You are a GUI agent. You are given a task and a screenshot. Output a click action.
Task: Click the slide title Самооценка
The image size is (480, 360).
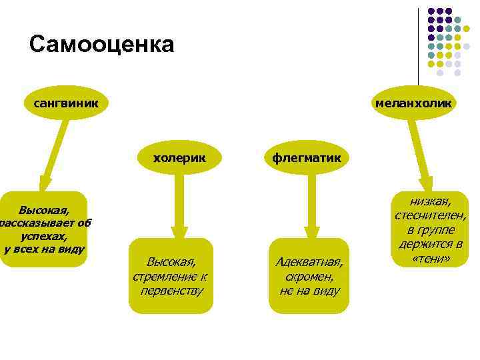101,45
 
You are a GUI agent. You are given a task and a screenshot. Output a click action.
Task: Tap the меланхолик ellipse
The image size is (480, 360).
413,103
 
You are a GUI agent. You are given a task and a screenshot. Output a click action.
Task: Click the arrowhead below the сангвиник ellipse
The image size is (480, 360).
43,185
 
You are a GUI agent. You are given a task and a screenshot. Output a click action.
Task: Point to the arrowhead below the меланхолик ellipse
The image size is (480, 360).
427,185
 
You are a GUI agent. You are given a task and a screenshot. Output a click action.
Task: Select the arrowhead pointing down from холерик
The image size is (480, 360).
178,230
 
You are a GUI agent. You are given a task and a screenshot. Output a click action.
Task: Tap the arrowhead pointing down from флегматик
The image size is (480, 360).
309,230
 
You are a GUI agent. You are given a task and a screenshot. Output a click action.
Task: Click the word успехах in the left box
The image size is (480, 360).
44,237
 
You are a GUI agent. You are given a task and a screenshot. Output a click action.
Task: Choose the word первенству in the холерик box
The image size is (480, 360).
172,291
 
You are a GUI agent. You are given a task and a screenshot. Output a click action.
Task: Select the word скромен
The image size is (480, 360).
309,276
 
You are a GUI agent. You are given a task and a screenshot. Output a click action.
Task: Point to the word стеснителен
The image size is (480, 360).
430,215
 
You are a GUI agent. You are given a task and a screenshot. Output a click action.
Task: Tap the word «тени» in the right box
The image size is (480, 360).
430,258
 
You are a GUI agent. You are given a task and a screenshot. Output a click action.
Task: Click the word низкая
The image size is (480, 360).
430,201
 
